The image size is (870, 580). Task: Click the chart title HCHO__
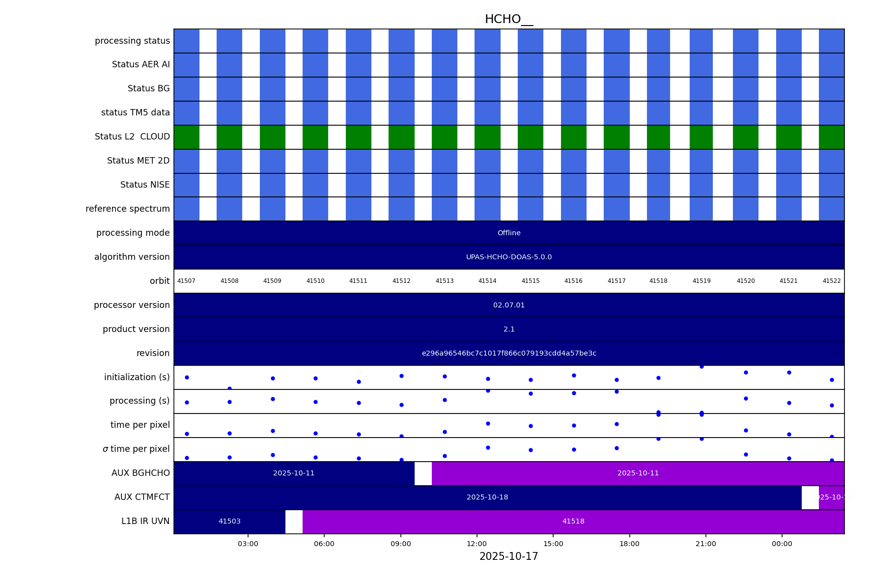[x=508, y=20]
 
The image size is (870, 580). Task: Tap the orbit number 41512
[x=401, y=281]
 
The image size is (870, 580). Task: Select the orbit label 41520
[x=745, y=281]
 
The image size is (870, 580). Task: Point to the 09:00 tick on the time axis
[x=401, y=544]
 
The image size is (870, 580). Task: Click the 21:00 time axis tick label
[x=705, y=544]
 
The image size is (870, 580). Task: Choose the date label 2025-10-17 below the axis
[x=508, y=557]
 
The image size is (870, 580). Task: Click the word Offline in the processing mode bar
[x=508, y=233]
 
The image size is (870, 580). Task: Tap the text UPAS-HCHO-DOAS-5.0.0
[x=508, y=257]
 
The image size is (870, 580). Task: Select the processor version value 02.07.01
[x=508, y=305]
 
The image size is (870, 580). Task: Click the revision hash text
[x=508, y=354]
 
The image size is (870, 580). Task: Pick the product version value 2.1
[x=508, y=330]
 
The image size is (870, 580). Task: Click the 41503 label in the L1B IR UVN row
[x=229, y=522]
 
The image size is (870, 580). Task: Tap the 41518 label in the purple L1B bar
[x=573, y=522]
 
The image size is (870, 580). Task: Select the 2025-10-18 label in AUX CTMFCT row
[x=487, y=497]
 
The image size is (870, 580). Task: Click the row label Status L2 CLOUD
[x=132, y=137]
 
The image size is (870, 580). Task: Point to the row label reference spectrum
[x=128, y=209]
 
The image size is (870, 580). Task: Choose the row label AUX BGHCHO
[x=140, y=473]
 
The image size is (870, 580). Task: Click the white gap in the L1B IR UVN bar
[x=294, y=522]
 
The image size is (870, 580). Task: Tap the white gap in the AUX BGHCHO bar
[x=423, y=473]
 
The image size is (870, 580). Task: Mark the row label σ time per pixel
[x=136, y=449]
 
